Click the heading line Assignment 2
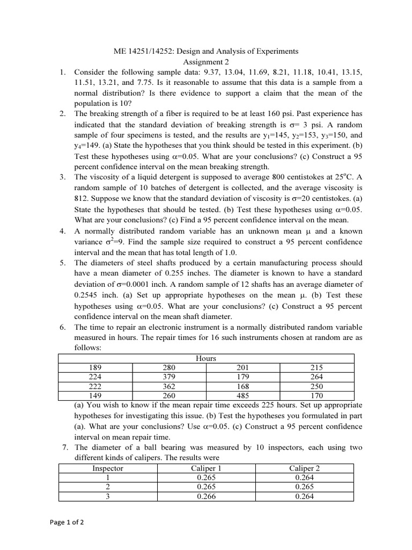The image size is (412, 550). (206, 62)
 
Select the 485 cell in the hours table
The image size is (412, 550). (243, 396)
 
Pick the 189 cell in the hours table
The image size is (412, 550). (94, 367)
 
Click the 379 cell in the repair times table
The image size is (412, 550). (168, 377)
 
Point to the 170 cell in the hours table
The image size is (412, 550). (317, 396)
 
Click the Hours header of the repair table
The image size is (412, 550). (206, 358)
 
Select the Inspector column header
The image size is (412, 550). (108, 468)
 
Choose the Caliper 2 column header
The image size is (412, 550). (304, 468)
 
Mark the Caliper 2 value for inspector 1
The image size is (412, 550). (304, 477)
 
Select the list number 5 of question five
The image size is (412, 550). (63, 263)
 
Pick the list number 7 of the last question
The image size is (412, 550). (63, 447)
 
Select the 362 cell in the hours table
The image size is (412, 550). (168, 387)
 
